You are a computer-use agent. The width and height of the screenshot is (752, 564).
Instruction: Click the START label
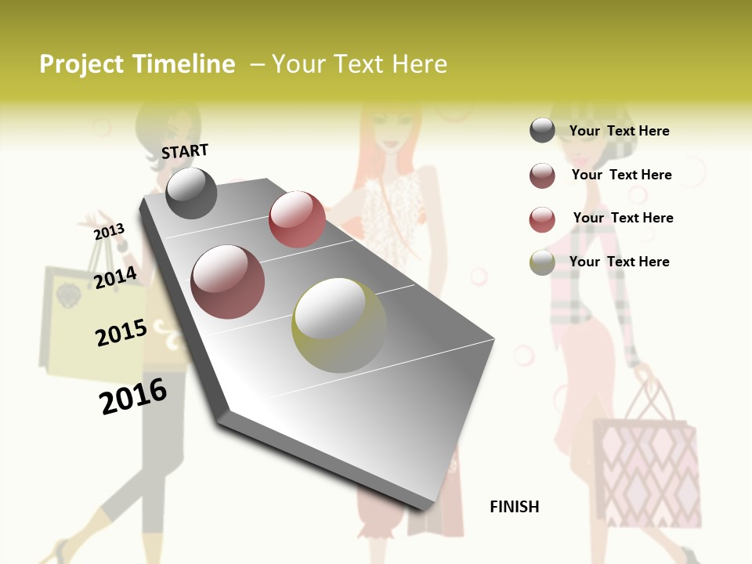pyautogui.click(x=185, y=150)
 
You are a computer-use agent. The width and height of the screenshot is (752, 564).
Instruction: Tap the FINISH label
pyautogui.click(x=514, y=507)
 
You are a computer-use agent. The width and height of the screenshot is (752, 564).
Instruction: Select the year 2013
pyautogui.click(x=110, y=231)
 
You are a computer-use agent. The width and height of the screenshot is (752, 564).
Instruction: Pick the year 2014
pyautogui.click(x=116, y=277)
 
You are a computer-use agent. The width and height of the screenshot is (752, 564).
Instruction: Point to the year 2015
pyautogui.click(x=121, y=332)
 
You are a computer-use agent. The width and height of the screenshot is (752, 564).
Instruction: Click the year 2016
pyautogui.click(x=133, y=396)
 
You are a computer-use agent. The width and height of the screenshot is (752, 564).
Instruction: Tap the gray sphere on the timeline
pyautogui.click(x=191, y=193)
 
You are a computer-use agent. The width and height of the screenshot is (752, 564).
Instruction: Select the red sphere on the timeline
pyautogui.click(x=297, y=219)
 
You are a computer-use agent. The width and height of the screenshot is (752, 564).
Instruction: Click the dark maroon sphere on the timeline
pyautogui.click(x=228, y=282)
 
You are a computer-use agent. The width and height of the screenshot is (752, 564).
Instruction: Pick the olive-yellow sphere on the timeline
pyautogui.click(x=339, y=325)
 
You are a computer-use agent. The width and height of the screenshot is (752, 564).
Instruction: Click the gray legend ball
pyautogui.click(x=542, y=130)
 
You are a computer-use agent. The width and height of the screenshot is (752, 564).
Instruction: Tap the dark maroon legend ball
pyautogui.click(x=542, y=175)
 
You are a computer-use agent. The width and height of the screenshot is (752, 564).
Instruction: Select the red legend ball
pyautogui.click(x=542, y=219)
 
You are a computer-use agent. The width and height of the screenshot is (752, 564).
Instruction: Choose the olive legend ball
pyautogui.click(x=542, y=262)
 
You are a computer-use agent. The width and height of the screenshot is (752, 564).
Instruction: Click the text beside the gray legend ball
pyautogui.click(x=619, y=131)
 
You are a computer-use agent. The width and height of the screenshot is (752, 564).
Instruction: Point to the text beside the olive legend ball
pyautogui.click(x=619, y=262)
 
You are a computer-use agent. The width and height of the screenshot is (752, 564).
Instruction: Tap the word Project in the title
pyautogui.click(x=81, y=64)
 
